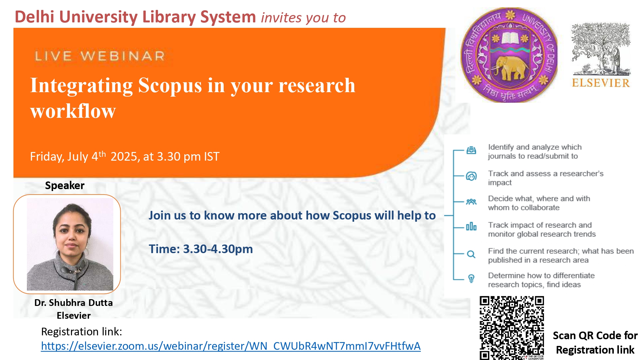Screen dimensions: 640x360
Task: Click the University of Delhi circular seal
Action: tap(509, 55)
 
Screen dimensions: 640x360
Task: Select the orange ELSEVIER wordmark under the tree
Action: tap(601, 83)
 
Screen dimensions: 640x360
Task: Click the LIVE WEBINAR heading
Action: tap(100, 56)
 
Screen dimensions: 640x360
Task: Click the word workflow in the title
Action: tap(73, 111)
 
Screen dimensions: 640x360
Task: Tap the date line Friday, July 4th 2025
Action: tap(125, 156)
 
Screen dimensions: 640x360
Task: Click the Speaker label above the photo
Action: tap(65, 185)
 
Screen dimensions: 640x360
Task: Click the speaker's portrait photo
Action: tap(70, 244)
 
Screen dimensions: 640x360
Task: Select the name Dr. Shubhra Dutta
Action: tap(74, 302)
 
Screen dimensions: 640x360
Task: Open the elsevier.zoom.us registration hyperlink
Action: tap(231, 346)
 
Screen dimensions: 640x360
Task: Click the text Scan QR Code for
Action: tap(595, 335)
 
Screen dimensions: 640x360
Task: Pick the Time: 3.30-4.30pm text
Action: tap(201, 249)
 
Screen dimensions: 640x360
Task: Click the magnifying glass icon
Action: tap(471, 254)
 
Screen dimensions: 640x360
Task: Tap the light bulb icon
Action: tap(471, 278)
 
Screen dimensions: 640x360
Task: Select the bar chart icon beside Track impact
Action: tap(471, 227)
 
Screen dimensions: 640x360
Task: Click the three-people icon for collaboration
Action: tap(471, 202)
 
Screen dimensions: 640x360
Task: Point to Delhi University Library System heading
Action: tap(135, 17)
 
